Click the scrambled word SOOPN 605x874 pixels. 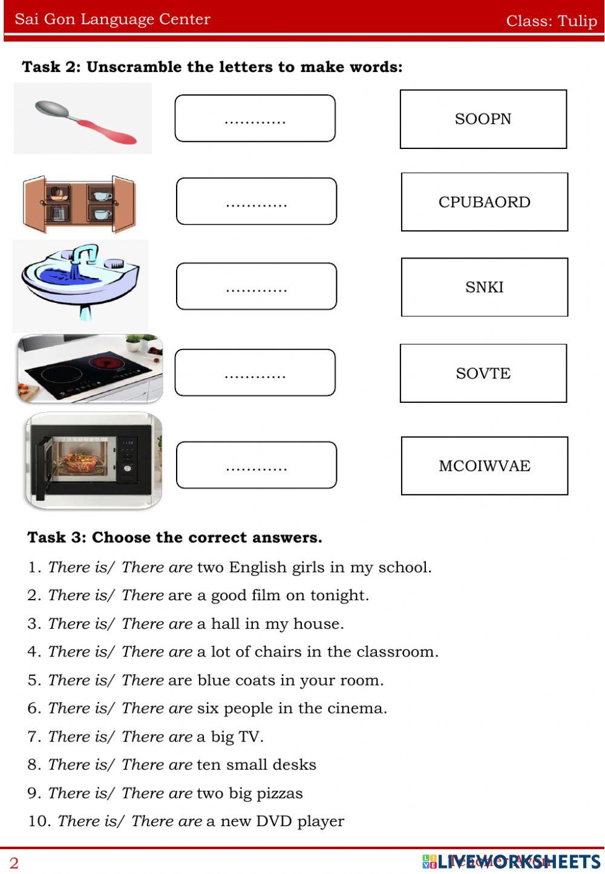click(483, 119)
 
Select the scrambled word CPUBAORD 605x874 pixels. click(484, 202)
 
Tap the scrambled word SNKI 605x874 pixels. click(484, 287)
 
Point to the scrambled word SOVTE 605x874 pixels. click(483, 373)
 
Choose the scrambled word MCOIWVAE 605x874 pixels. click(484, 466)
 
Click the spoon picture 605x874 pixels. click(85, 121)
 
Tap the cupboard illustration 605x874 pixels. click(79, 205)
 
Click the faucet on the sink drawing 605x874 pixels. click(85, 257)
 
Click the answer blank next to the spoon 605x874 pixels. click(255, 119)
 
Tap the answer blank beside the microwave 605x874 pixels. click(256, 465)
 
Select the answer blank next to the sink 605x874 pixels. click(256, 286)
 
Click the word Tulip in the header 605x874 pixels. click(577, 21)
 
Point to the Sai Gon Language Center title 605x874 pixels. click(113, 19)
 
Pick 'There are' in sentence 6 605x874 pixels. click(157, 709)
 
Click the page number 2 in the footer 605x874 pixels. click(14, 863)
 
